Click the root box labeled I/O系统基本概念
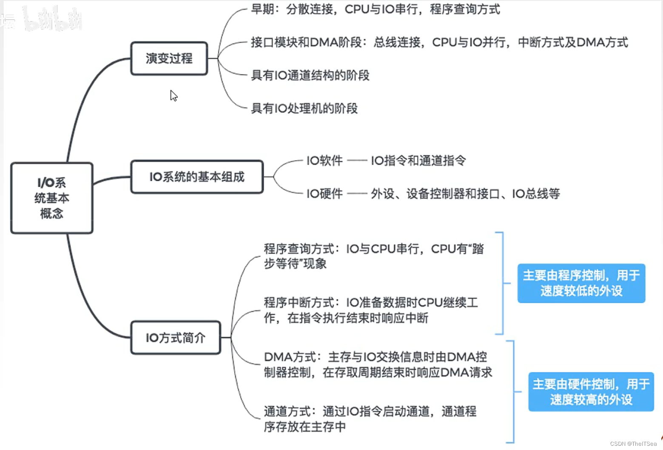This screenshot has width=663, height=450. pos(52,198)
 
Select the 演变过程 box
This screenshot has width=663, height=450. pos(169,58)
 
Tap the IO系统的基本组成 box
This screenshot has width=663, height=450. pos(197,177)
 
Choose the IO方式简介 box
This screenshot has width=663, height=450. pos(176,338)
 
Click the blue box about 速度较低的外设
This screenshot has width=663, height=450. pos(581,283)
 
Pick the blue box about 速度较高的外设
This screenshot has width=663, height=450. pos(591,392)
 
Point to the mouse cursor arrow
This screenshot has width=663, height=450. pos(173,95)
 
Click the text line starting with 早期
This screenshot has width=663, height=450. pos(375,9)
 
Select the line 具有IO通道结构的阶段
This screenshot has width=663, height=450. pos(310,75)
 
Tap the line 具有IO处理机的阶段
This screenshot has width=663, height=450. pos(304,108)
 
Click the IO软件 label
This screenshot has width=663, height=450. pos(324,161)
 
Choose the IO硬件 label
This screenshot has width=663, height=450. pos(324,194)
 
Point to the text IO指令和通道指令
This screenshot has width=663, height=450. pos(418,161)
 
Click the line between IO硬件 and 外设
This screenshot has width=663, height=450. pos(357,194)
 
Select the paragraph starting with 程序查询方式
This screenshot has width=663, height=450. pos(373,256)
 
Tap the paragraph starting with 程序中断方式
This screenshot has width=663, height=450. pos(370,310)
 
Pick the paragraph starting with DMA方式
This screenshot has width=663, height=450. pos(378,365)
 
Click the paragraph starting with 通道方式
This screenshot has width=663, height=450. pos(370,419)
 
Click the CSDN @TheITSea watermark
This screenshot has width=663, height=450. pos(633,444)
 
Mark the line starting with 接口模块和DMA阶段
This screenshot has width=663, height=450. pos(439,43)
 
